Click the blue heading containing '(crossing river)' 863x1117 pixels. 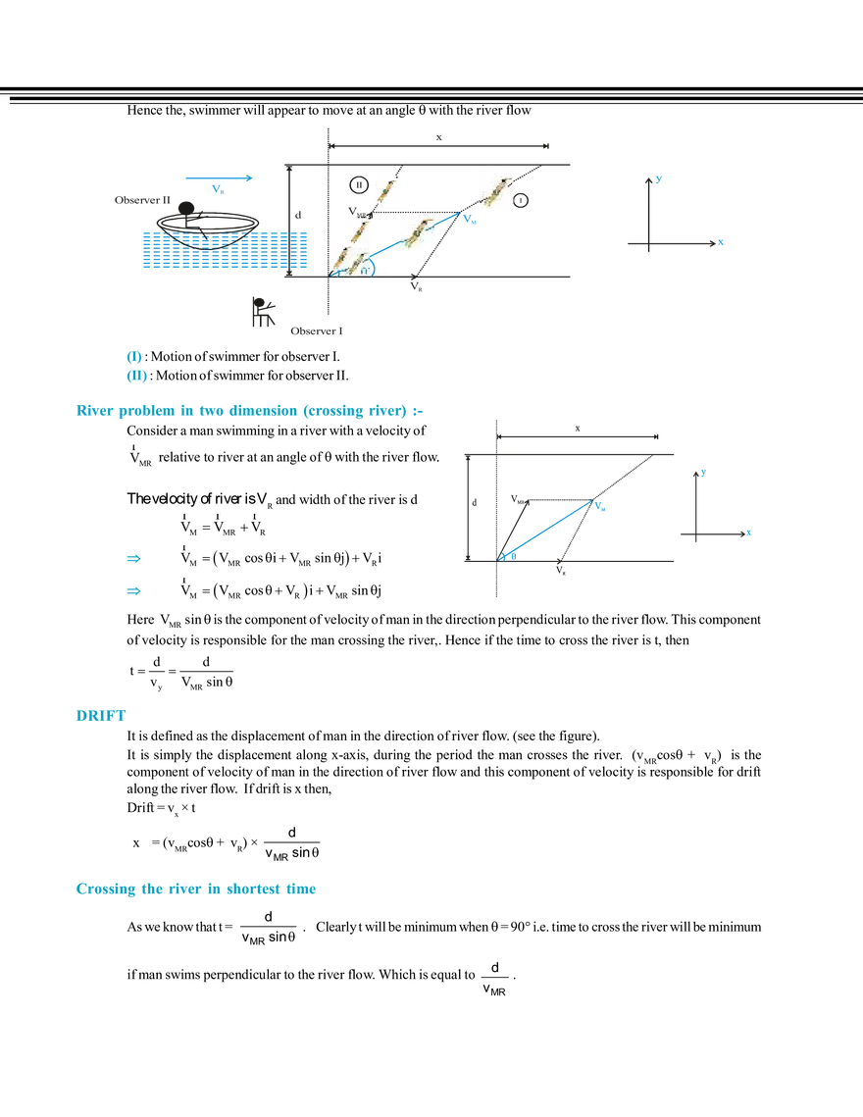coord(250,412)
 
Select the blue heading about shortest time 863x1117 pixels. coord(195,890)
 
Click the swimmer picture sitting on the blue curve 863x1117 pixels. coord(412,232)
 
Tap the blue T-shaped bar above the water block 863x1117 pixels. coord(221,180)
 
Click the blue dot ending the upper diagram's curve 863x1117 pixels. coord(470,220)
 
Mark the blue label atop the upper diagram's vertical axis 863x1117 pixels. coord(660,179)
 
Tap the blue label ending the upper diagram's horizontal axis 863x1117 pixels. coord(721,242)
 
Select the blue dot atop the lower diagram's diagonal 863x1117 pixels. coord(603,509)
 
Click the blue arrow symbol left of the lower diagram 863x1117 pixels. coord(132,591)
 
